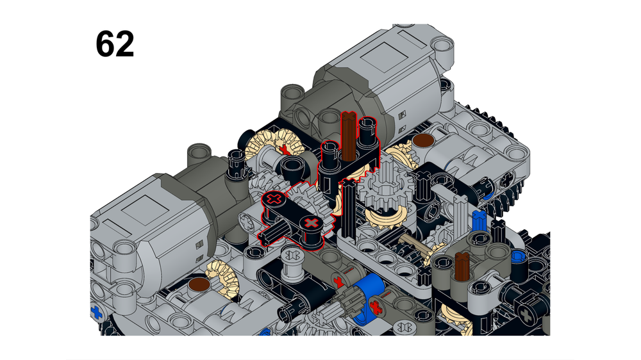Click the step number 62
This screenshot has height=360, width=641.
(115, 44)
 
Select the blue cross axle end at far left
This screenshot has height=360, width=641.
(97, 313)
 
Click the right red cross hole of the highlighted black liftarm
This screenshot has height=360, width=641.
(312, 223)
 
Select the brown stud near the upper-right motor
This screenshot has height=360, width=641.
(423, 140)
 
